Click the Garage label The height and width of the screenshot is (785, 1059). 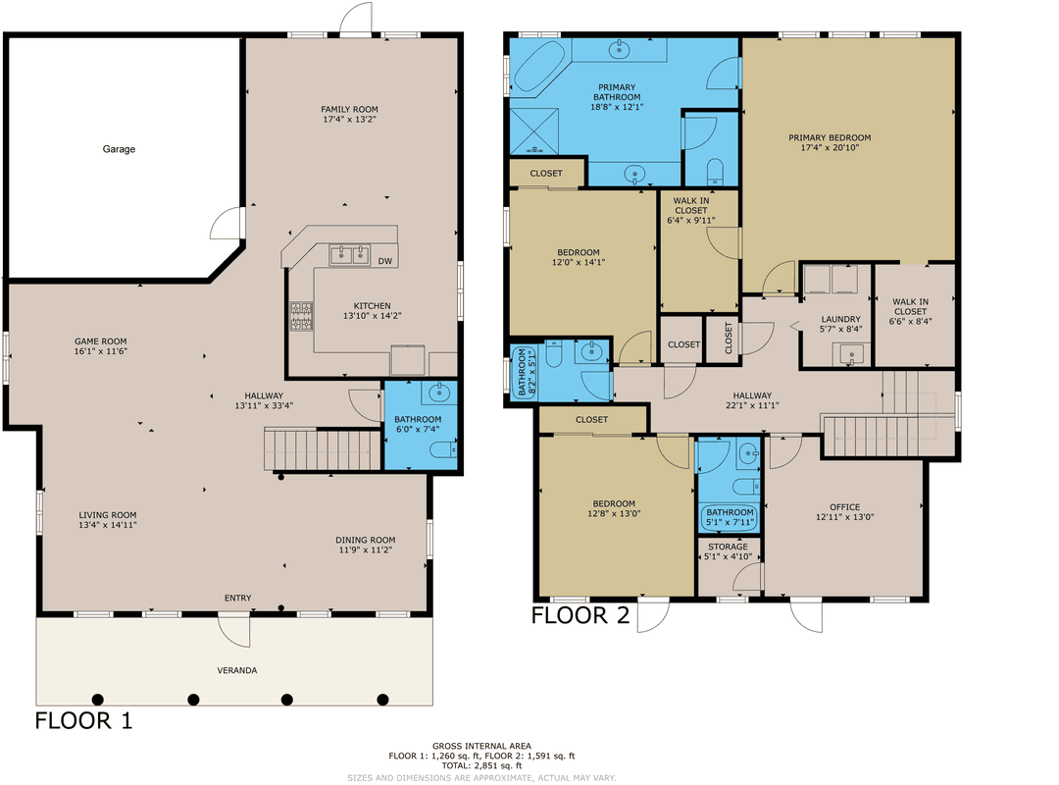point(119,149)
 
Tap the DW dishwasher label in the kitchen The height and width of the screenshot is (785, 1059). point(384,261)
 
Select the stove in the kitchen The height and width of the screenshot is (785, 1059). point(299,316)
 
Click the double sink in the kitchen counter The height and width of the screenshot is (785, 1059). point(349,256)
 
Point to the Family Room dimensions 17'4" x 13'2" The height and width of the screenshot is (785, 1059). point(349,120)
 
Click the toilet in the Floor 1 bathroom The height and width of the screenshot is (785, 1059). point(442,449)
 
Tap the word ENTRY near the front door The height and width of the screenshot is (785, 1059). point(237,599)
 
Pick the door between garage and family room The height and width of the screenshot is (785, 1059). point(231,223)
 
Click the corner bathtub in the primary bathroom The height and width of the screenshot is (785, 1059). point(535,70)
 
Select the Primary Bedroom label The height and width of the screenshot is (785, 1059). point(830,137)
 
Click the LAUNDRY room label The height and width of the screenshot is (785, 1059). point(840,319)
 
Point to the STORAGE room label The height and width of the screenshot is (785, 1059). point(728,547)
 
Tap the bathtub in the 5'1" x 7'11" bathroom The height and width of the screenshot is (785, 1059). point(730,517)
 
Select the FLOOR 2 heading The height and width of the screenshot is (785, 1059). point(582,615)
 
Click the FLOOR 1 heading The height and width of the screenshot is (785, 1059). point(84,721)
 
